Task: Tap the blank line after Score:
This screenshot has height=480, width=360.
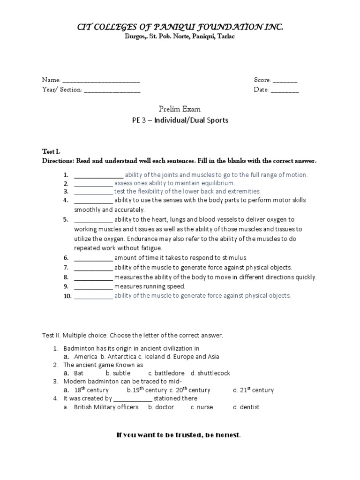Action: tap(285, 81)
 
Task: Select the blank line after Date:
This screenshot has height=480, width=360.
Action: tap(285, 90)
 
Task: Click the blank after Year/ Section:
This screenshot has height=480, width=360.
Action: tap(112, 90)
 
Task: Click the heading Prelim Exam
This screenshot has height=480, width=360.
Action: tap(180, 109)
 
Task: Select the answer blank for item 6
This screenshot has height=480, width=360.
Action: tap(93, 258)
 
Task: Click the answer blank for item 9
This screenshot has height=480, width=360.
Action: tap(93, 286)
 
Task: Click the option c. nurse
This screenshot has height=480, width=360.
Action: tap(202, 407)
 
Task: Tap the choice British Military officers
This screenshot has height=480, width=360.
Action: tap(106, 407)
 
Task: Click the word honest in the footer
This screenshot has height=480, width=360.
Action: tap(227, 435)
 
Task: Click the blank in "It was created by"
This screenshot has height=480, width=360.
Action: tap(133, 399)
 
